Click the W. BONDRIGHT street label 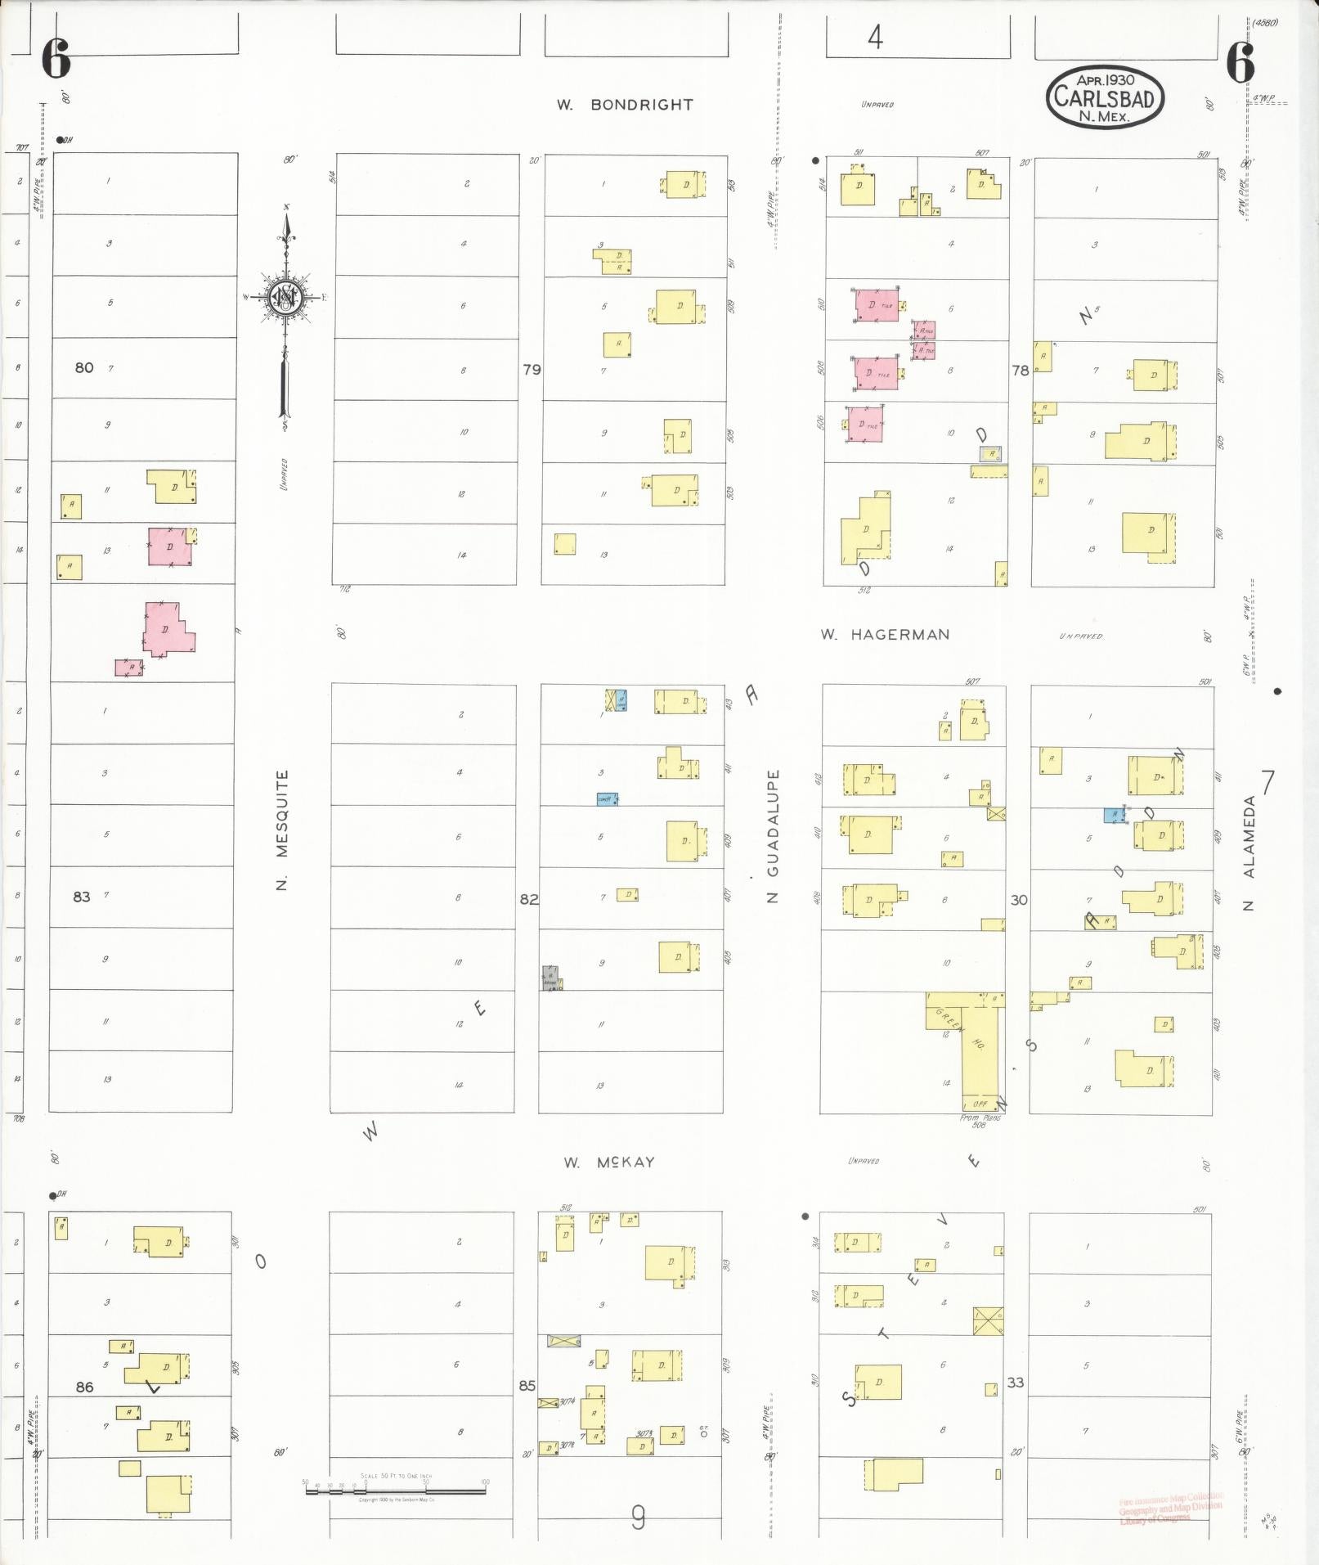point(625,105)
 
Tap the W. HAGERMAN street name point(885,634)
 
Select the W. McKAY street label point(609,1162)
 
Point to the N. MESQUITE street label point(282,830)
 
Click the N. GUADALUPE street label point(773,834)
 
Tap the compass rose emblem point(286,299)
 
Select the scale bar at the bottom point(395,1490)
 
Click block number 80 point(84,368)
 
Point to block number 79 point(532,370)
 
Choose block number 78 point(1020,371)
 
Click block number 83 point(81,897)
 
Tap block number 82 point(529,899)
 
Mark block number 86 point(84,1387)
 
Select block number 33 point(1015,1383)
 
